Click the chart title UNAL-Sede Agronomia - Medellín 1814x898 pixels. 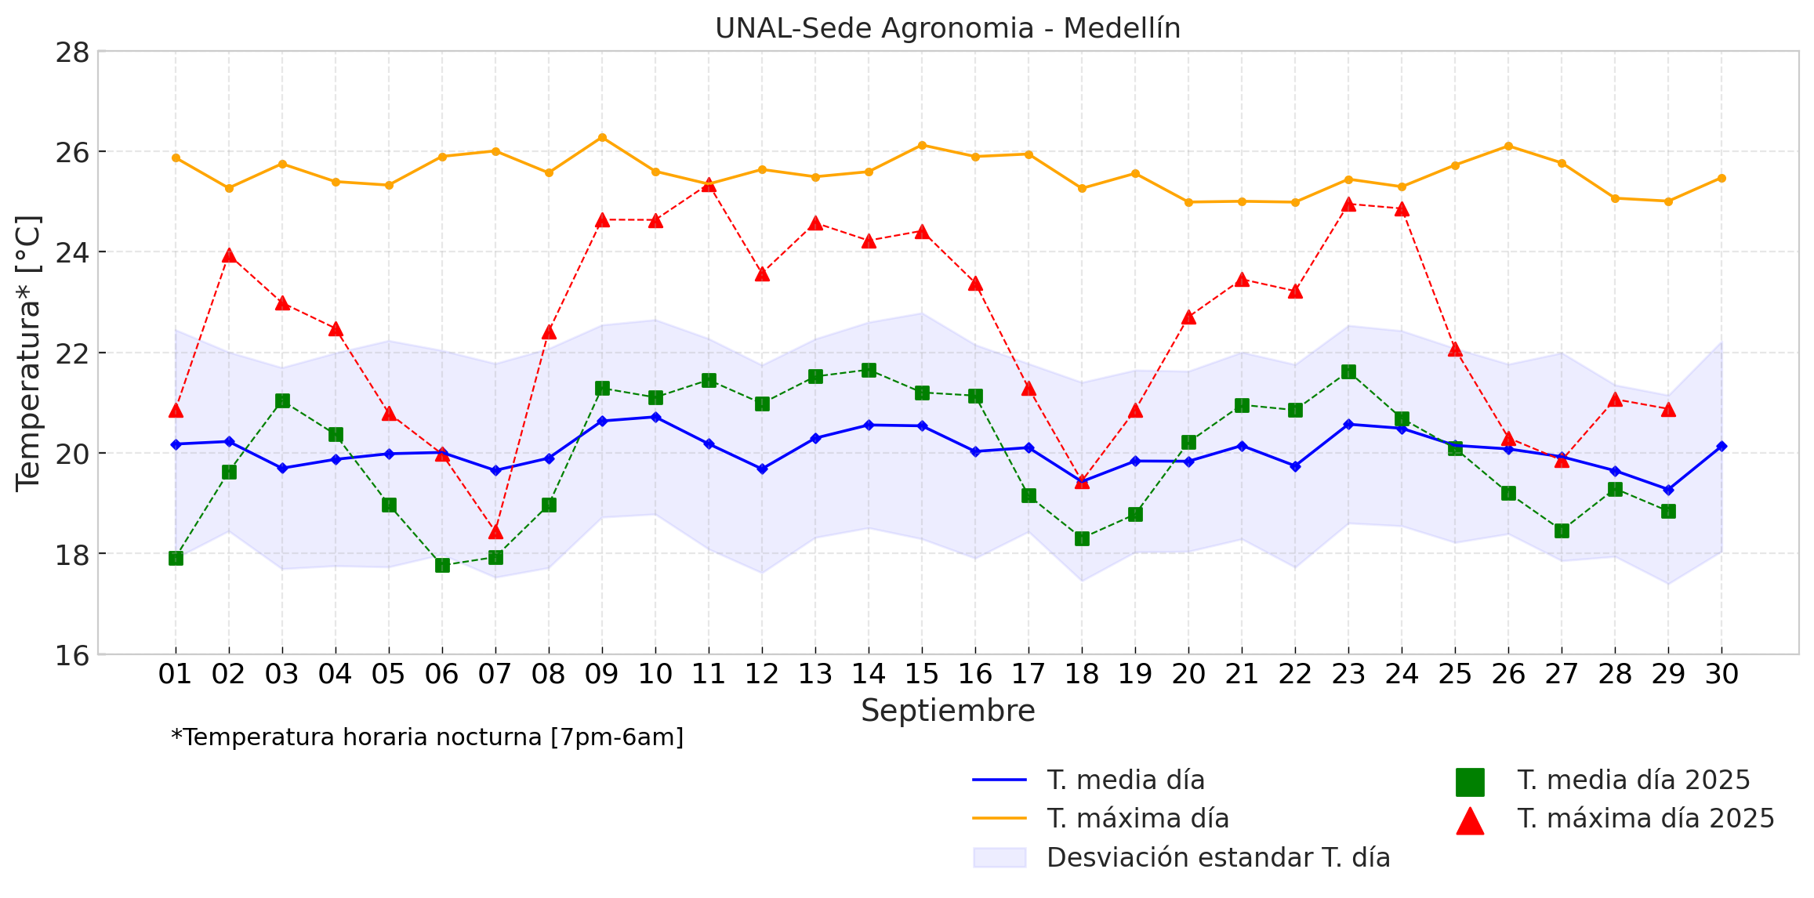tap(947, 28)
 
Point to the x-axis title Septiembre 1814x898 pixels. tap(947, 711)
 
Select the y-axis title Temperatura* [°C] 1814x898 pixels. tap(28, 353)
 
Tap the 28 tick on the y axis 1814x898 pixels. tap(71, 53)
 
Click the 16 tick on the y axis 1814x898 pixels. tap(71, 655)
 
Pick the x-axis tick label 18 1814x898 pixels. tap(1082, 674)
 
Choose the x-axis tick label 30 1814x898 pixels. tap(1721, 674)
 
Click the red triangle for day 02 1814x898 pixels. tap(229, 255)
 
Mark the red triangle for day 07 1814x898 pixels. tap(495, 532)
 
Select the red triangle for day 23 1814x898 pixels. tap(1348, 205)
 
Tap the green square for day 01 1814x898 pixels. tap(176, 558)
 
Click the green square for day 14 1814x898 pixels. tap(869, 370)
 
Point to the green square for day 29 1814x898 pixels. tap(1668, 511)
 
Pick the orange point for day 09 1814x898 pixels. tap(602, 138)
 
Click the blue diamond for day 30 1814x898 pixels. tap(1721, 446)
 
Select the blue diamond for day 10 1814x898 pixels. tap(655, 417)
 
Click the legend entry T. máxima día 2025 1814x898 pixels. tap(1645, 819)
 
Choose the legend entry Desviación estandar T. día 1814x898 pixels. tap(1218, 857)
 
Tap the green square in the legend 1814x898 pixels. tap(1470, 781)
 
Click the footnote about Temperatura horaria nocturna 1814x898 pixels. tap(427, 737)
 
